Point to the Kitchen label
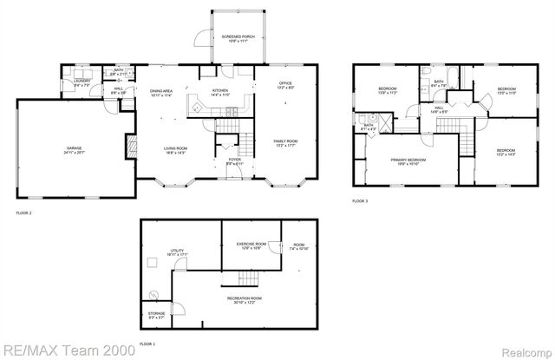tap(219, 92)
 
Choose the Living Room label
tap(176, 150)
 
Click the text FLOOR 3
tap(359, 200)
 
